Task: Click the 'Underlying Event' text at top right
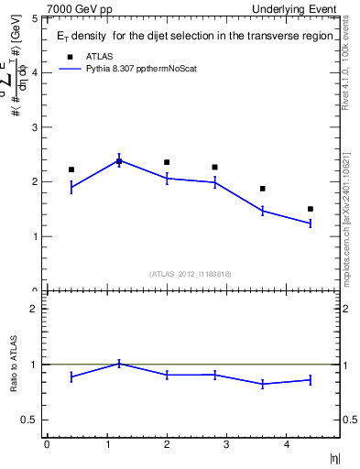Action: pos(299,9)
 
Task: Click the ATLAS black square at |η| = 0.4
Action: pos(71,169)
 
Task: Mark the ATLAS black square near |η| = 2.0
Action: pos(167,162)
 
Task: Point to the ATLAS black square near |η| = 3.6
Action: pos(263,189)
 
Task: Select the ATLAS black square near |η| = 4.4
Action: pos(311,209)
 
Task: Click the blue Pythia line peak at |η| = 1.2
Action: pos(119,160)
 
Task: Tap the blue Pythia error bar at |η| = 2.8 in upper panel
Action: pos(214,182)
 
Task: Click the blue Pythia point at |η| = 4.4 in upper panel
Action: pos(311,223)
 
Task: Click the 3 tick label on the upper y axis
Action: pos(34,126)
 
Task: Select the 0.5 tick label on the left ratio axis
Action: pos(29,420)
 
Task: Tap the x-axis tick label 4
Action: pos(287,444)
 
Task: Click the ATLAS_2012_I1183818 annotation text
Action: pos(191,273)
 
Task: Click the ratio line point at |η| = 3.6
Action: pos(263,384)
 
